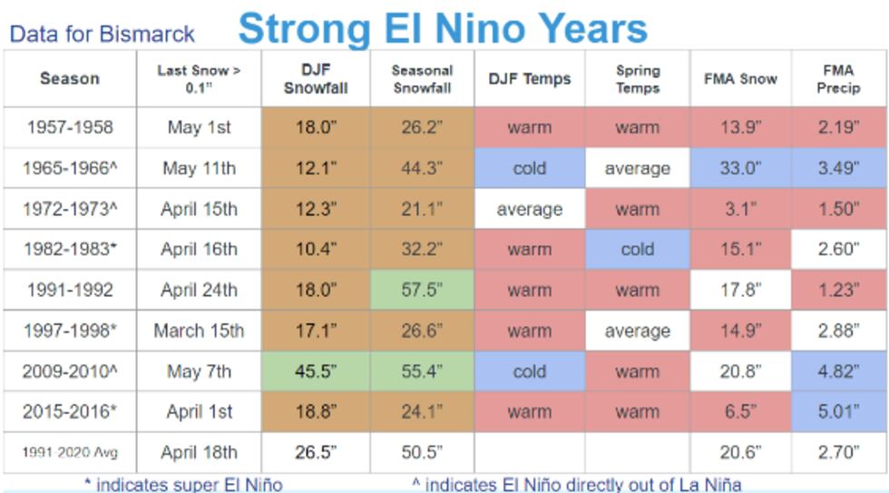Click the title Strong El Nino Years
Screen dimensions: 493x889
pyautogui.click(x=443, y=28)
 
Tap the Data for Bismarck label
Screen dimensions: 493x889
pyautogui.click(x=102, y=35)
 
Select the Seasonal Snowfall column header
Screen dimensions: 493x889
pyautogui.click(x=422, y=79)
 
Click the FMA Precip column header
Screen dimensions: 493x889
pyautogui.click(x=838, y=79)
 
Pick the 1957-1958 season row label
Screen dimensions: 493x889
pyautogui.click(x=70, y=128)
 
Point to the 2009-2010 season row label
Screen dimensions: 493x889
pyautogui.click(x=70, y=371)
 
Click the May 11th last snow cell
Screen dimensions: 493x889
pyautogui.click(x=199, y=169)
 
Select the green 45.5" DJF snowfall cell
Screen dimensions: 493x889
pyautogui.click(x=316, y=371)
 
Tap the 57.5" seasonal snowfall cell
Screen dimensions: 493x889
pyautogui.click(x=422, y=291)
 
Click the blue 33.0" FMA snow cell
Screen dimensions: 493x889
pyautogui.click(x=740, y=169)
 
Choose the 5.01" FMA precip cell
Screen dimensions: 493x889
pyautogui.click(x=838, y=412)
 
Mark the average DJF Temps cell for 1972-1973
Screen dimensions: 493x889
pyautogui.click(x=529, y=210)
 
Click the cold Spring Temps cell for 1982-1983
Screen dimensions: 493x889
pyautogui.click(x=637, y=250)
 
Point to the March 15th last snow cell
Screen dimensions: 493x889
pyautogui.click(x=199, y=331)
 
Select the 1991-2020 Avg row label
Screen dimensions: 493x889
pyautogui.click(x=70, y=452)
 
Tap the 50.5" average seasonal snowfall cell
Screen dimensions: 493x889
pyautogui.click(x=422, y=452)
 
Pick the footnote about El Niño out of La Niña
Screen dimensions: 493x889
pyautogui.click(x=576, y=485)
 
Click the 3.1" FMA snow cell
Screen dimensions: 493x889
pyautogui.click(x=740, y=210)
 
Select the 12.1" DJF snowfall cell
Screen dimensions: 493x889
pyautogui.click(x=316, y=169)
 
